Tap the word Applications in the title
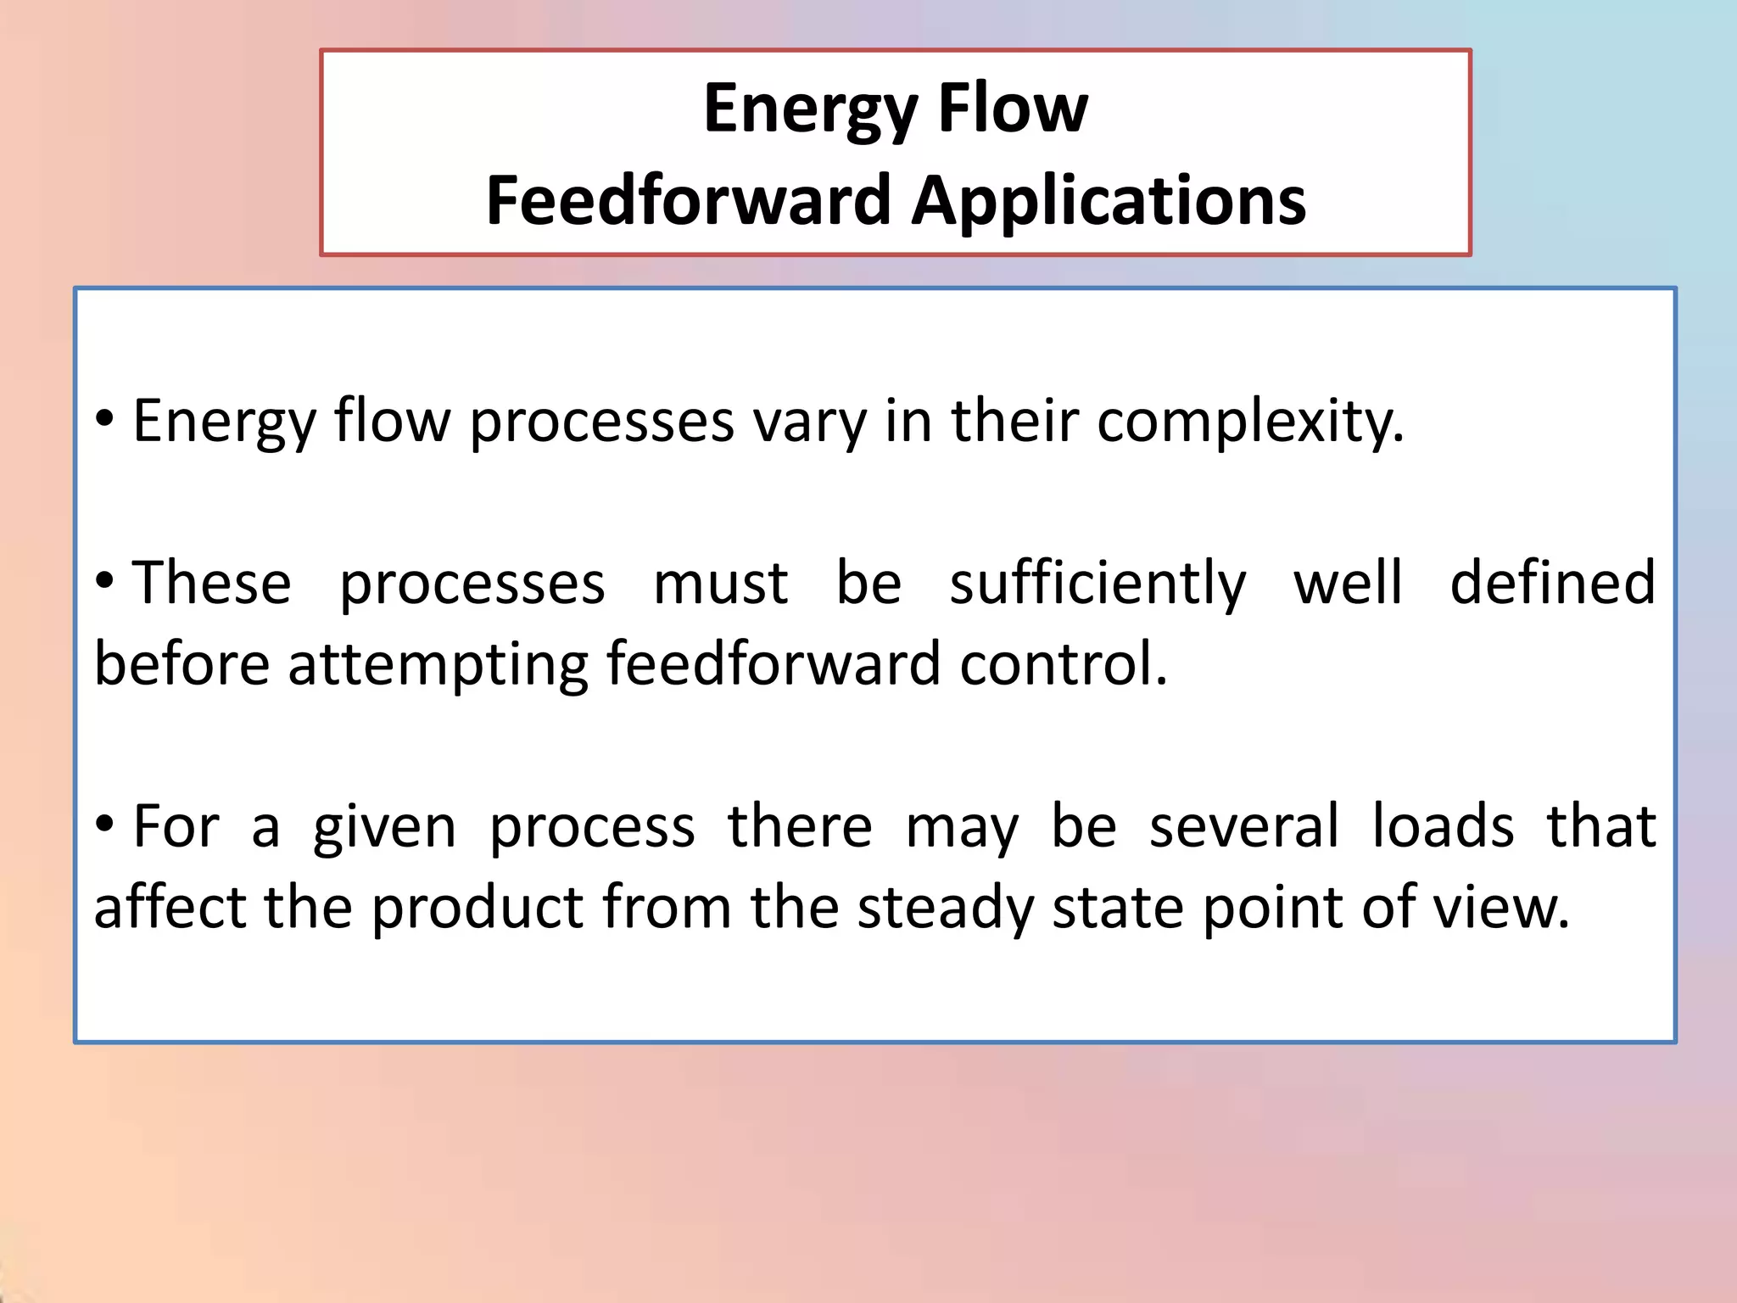point(1109,203)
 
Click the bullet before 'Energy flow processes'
point(104,418)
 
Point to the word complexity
point(1250,422)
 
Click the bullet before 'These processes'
point(104,581)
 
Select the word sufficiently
point(1097,584)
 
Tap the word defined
point(1552,584)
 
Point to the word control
point(1064,663)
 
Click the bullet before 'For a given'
point(104,824)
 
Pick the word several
point(1244,826)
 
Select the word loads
point(1443,826)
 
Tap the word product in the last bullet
point(478,909)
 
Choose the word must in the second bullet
point(720,584)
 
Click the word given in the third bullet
point(384,828)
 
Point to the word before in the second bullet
point(182,663)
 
